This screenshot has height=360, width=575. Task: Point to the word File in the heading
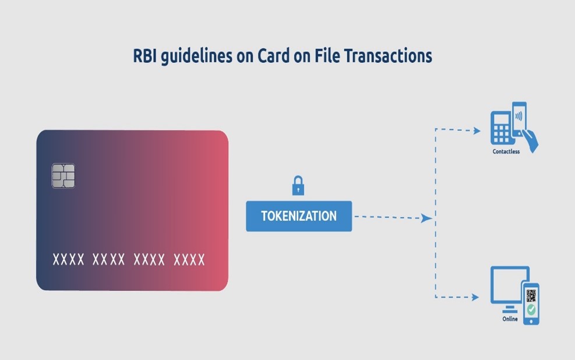327,56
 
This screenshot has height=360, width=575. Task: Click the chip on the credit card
64,176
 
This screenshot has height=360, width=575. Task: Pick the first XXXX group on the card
69,260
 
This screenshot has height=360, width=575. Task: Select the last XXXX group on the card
189,260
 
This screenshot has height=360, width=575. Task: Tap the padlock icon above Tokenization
298,185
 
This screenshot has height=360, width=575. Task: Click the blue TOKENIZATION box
299,216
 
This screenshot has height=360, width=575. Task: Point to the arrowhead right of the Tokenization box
426,218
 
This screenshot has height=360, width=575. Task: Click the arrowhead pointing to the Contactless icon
477,130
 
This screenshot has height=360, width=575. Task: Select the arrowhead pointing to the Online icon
475,297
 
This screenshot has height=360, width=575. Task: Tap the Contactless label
506,151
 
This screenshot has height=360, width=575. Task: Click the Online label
510,319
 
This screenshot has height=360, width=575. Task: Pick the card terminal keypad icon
501,128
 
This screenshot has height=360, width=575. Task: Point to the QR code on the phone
531,295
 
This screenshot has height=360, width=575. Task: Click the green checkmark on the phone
531,310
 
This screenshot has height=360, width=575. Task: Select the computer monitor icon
510,288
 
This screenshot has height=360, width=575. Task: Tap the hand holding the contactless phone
530,140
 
